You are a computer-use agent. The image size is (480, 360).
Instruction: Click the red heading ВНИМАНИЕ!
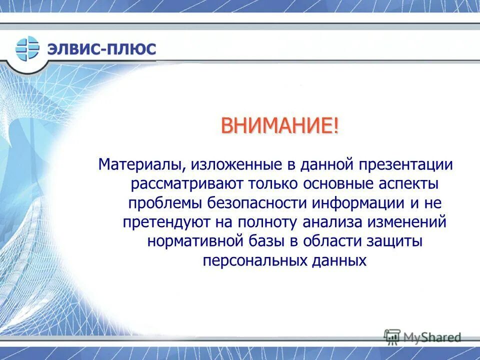pos(280,125)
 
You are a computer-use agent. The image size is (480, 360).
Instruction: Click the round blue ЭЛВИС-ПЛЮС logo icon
pos(27,48)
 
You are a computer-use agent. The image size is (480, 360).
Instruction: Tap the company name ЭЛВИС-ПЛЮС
pos(101,49)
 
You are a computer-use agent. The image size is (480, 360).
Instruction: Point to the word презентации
pos(405,165)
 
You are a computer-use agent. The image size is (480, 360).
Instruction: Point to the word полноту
pos(267,222)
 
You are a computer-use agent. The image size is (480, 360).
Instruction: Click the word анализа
pos(332,222)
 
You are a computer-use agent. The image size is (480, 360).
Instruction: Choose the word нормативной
pos(195,241)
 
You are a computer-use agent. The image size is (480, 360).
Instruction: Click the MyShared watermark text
pos(432,337)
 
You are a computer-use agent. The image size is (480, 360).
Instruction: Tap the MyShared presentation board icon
pos(392,336)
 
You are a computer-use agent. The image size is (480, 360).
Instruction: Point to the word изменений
pos(407,222)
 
